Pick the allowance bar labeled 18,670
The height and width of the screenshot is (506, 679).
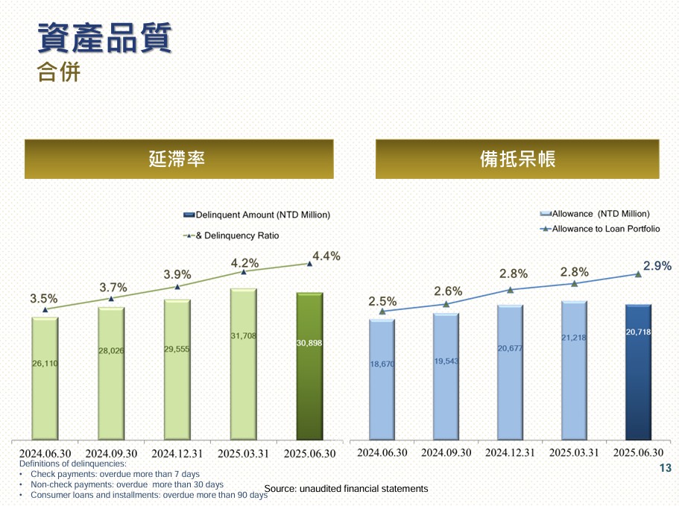coord(382,379)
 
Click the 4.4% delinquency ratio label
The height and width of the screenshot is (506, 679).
coord(326,256)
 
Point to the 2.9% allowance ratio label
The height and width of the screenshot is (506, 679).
coord(657,265)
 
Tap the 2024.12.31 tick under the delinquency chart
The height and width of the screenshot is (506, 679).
coord(177,453)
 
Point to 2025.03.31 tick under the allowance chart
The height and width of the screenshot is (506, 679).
coord(574,452)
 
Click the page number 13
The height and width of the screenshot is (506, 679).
coord(666,468)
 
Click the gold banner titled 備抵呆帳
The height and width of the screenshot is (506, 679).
coord(517,159)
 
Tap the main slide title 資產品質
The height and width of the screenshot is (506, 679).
coord(104,38)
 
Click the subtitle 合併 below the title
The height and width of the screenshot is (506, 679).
coord(59,73)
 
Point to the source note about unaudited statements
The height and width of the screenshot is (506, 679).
coord(346,489)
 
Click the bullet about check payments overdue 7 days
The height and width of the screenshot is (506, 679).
coord(115,474)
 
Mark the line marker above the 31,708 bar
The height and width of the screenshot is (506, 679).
coord(244,272)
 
